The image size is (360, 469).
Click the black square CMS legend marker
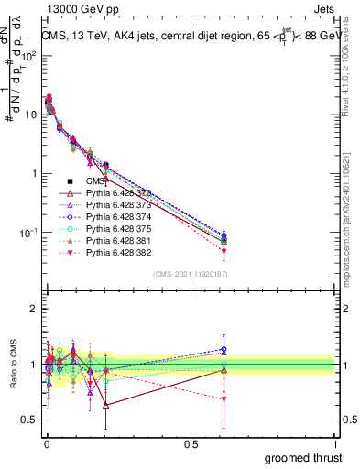pos(71,181)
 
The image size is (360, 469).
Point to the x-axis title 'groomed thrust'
pos(303,456)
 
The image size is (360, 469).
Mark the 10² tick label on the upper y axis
pos(27,55)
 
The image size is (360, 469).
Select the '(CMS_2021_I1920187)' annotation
pos(190,274)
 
